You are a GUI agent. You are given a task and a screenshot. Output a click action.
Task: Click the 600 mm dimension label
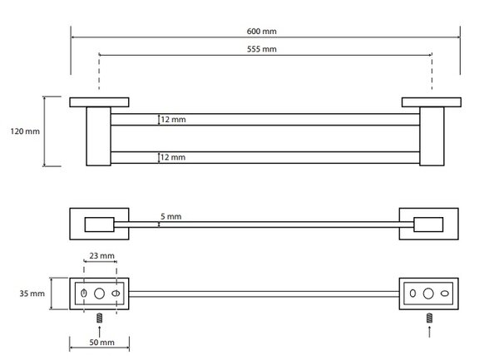(262, 31)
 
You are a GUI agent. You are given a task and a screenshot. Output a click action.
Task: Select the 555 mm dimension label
(262, 49)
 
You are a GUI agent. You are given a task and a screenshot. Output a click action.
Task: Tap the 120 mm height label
(25, 131)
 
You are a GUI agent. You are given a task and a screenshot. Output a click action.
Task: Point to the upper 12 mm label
(173, 120)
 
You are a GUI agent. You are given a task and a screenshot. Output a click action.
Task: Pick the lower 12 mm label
(173, 157)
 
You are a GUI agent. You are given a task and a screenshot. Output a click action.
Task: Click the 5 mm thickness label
(170, 216)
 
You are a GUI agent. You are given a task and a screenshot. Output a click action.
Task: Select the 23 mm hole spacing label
(101, 256)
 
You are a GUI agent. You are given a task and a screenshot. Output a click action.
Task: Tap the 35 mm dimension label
(32, 293)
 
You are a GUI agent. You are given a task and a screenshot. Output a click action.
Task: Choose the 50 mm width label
(101, 343)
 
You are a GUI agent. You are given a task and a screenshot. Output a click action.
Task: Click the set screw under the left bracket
(99, 318)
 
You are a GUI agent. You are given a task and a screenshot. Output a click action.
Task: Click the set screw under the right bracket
(429, 318)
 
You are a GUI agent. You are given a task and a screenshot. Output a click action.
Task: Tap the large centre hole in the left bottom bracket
(99, 293)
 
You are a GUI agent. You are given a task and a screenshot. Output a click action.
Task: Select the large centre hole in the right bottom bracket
(428, 293)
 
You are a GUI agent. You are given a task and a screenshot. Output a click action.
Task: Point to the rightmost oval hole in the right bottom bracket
(445, 293)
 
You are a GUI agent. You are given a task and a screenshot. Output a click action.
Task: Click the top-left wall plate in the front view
(99, 102)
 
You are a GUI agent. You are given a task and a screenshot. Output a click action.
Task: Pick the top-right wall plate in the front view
(432, 102)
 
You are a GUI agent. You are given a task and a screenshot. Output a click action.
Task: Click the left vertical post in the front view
(99, 136)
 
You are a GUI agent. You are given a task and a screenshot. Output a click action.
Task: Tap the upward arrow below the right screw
(429, 331)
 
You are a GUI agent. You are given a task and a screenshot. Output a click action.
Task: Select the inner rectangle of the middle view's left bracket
(99, 224)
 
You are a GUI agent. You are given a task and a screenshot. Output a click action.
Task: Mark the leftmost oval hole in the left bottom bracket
(84, 293)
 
